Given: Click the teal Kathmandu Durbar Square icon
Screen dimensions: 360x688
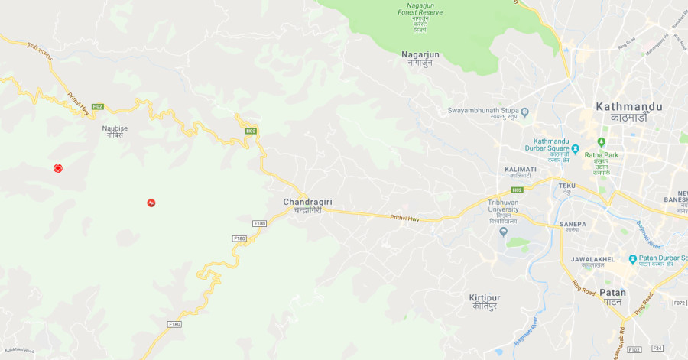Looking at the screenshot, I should (576, 149).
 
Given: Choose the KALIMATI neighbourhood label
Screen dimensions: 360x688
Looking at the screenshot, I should (521, 169).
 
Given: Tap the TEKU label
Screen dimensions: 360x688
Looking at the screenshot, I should (566, 186).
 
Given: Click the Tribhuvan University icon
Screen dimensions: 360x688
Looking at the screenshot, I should (504, 232).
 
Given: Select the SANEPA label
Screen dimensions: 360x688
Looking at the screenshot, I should (573, 224).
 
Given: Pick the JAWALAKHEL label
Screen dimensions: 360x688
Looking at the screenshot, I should (591, 259).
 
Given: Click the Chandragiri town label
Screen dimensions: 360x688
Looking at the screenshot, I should (308, 202).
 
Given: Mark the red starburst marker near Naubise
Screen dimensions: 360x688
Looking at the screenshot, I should (57, 167).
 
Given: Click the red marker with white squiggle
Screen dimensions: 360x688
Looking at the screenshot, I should (151, 203).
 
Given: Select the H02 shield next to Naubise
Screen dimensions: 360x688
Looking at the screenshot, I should (97, 106).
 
